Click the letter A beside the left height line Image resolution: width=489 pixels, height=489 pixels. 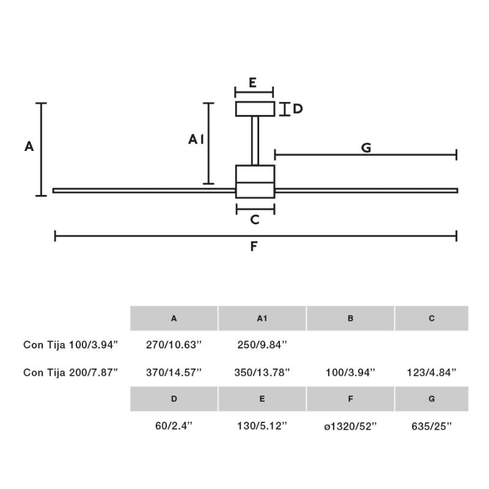29,147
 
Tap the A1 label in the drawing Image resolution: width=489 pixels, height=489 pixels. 196,140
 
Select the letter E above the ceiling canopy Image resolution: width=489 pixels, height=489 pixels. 252,83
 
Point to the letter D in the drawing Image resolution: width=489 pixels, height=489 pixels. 297,109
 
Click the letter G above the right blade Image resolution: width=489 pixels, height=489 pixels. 366,147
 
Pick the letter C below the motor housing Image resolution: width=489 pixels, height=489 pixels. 255,219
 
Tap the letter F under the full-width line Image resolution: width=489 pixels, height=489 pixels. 254,247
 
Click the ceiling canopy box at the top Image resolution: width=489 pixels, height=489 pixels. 255,109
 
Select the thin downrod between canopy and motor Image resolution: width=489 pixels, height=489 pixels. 255,141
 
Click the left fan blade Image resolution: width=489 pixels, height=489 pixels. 144,190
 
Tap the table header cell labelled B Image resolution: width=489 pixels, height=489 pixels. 350,318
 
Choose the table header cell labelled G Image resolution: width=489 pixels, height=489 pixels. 432,399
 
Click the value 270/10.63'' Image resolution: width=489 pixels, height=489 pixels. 174,345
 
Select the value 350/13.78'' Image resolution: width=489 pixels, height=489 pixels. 262,372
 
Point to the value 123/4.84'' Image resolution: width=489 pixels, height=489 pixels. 432,372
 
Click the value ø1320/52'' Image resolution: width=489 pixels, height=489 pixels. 350,426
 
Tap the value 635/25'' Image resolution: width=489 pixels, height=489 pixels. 432,426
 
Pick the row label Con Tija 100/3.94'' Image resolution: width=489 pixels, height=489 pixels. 70,345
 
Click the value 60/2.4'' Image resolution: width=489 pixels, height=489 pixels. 174,426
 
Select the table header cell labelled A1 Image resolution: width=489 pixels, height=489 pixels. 262,318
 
